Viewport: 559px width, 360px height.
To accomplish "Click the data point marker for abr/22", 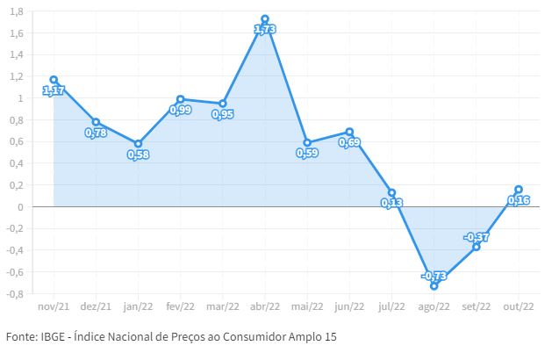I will point(265,18).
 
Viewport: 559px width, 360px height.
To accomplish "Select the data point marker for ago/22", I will point(434,285).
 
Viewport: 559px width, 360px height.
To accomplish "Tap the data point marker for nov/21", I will point(54,80).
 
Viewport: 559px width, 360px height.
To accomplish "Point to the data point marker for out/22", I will point(519,190).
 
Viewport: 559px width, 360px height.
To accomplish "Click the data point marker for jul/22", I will point(391,192).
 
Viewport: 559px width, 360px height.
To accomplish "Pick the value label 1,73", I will point(265,30).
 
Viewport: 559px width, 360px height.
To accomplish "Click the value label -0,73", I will point(434,275).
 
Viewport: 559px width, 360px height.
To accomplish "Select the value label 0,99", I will point(180,111).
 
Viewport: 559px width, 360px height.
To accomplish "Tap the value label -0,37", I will point(476,237).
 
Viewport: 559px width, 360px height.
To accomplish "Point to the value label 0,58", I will point(138,155).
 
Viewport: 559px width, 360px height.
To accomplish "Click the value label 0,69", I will point(349,142).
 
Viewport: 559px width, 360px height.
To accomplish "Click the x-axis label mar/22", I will point(222,307).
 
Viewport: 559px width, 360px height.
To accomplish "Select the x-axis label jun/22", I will point(349,307).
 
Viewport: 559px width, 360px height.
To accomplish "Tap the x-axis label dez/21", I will point(96,307).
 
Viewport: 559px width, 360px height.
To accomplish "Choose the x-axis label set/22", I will point(476,307).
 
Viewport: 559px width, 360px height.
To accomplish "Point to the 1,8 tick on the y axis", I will point(16,11).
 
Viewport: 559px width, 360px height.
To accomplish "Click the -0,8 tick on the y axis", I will point(14,293).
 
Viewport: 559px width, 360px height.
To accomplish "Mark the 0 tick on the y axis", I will point(20,207).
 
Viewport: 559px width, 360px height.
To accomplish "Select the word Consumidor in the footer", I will point(260,337).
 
